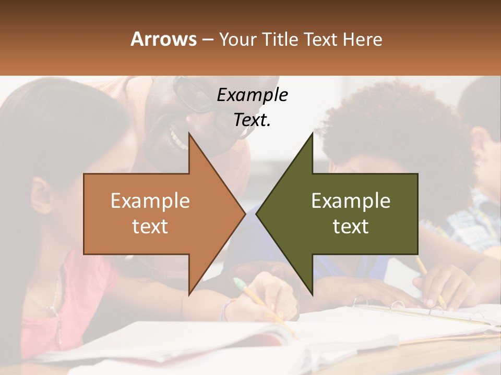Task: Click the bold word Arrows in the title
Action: pyautogui.click(x=164, y=39)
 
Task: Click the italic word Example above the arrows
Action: pyautogui.click(x=252, y=95)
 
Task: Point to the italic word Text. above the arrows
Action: pyautogui.click(x=252, y=120)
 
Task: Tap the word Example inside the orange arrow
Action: pyautogui.click(x=150, y=201)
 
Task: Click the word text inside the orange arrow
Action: pyautogui.click(x=150, y=227)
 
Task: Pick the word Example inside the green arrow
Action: pyautogui.click(x=351, y=201)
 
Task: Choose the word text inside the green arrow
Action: pyautogui.click(x=351, y=227)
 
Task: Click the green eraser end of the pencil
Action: pyautogui.click(x=239, y=284)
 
